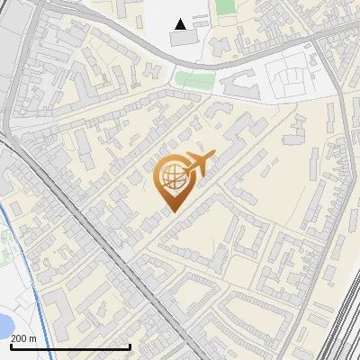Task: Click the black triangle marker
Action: pyautogui.click(x=181, y=24)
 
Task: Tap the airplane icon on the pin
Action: pyautogui.click(x=198, y=164)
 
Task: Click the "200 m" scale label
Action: pyautogui.click(x=23, y=337)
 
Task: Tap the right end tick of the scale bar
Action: pyautogui.click(x=130, y=345)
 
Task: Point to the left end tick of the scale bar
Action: pyautogui.click(x=11, y=345)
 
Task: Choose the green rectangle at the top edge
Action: pyautogui.click(x=225, y=7)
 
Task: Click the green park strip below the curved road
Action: pyautogui.click(x=192, y=78)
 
